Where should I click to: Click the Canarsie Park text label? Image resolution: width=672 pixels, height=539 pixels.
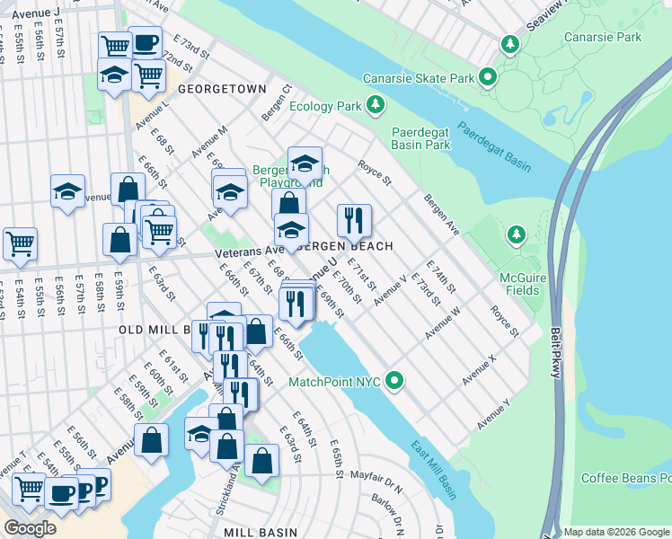pos(603,38)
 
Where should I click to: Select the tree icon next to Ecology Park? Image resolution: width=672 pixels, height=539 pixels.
pos(376,107)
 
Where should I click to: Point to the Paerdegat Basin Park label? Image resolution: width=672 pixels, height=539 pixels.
pos(421,138)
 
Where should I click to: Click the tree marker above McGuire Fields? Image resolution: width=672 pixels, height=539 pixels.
pos(516,235)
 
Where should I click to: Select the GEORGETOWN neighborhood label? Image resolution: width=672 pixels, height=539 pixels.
pos(222,90)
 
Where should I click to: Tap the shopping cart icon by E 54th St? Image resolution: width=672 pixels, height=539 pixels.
pos(20,242)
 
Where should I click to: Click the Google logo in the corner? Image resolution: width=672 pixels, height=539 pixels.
pos(31,528)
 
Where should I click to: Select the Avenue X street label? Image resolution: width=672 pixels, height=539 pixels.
pos(479,370)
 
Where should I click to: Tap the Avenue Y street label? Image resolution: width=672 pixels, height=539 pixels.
pos(493,412)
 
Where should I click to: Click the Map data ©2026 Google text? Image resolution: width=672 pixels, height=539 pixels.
pos(616,532)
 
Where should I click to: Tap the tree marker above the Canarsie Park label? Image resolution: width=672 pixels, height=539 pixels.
pos(511,44)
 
